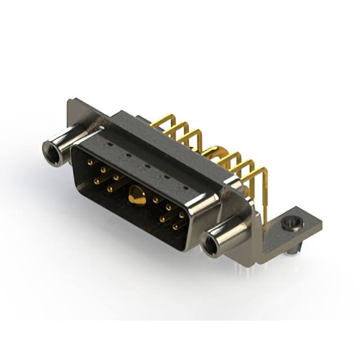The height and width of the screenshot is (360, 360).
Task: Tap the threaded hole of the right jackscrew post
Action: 211,246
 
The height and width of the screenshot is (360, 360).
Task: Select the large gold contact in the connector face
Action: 136,196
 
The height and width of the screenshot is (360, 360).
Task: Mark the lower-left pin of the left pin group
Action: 97,181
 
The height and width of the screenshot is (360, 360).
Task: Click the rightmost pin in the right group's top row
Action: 182,215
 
